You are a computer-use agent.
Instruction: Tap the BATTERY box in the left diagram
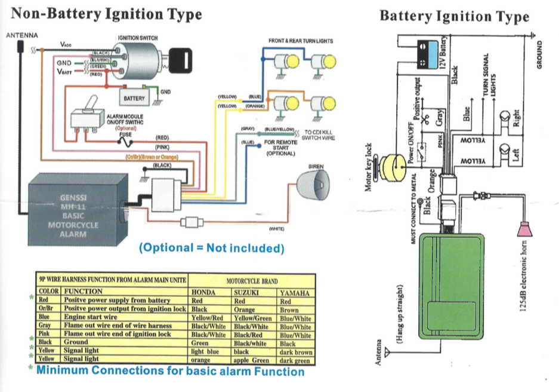click(134, 97)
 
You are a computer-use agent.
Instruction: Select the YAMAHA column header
click(295, 293)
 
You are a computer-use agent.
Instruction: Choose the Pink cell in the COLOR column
click(43, 334)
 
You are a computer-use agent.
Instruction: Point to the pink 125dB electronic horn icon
click(524, 229)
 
